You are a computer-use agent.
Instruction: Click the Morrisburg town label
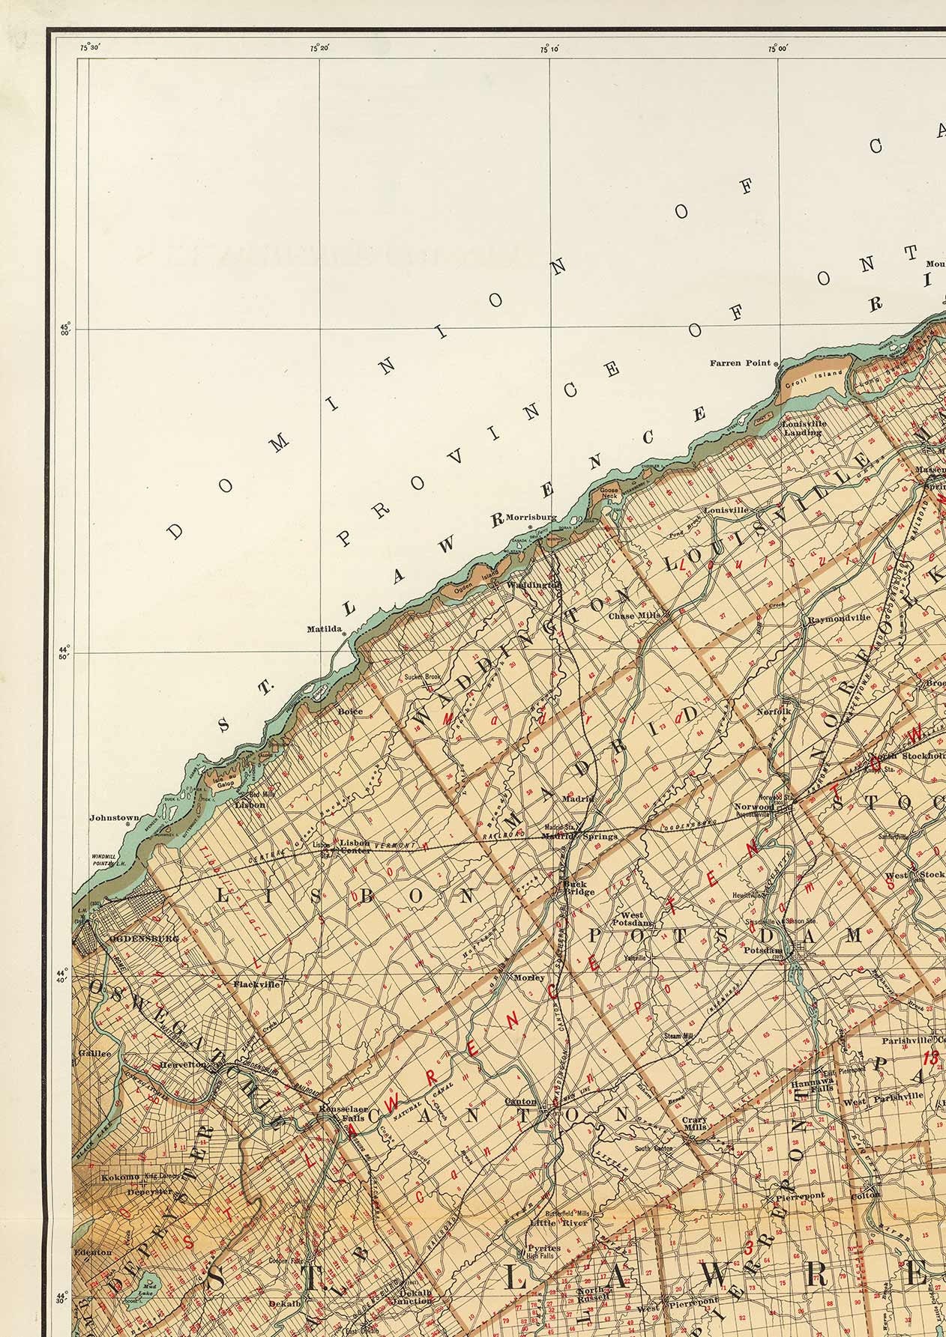coord(531,517)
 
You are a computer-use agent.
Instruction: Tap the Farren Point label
coord(741,364)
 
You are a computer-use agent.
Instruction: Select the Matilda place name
coord(324,629)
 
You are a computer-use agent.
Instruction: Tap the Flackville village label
coord(256,984)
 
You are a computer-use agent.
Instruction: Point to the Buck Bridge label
coord(579,888)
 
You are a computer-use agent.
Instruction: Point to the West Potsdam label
coord(632,919)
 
